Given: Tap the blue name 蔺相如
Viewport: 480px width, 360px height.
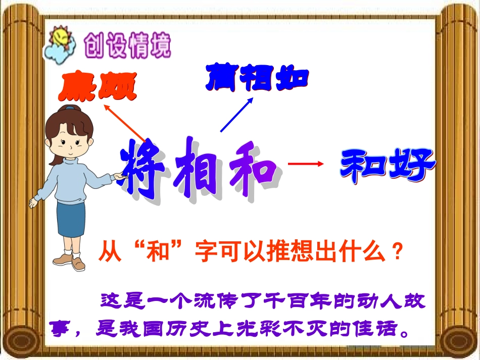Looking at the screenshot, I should (257, 78).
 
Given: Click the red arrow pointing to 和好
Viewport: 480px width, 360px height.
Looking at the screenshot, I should (305, 163).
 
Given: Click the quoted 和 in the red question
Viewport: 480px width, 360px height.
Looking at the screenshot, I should (159, 250).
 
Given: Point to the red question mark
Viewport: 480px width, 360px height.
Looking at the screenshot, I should (397, 250).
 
